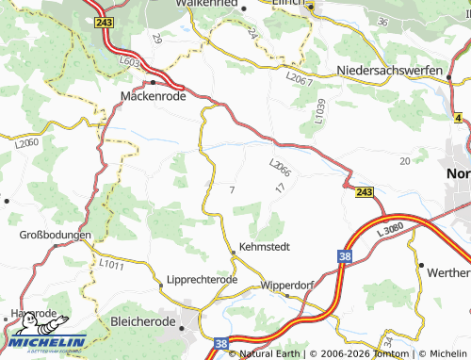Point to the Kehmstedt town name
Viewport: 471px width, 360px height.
click(262, 246)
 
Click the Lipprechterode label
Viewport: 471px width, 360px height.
click(202, 280)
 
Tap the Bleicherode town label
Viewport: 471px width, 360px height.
click(144, 321)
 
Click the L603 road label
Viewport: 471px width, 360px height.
click(130, 62)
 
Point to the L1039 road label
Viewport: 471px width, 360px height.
click(320, 110)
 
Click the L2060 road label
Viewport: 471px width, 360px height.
click(26, 143)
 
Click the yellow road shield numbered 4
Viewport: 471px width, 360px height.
click(458, 118)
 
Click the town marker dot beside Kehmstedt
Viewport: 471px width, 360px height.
click(234, 253)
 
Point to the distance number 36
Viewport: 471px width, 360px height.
click(382, 20)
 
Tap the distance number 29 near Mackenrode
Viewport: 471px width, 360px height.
click(156, 39)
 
